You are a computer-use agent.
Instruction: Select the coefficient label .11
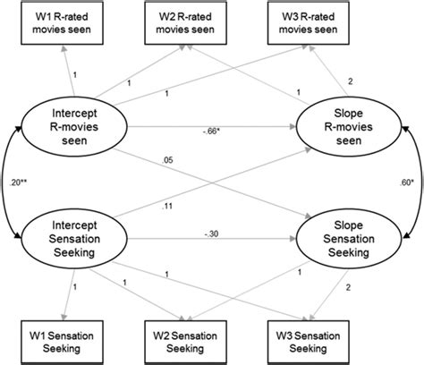tap(165, 205)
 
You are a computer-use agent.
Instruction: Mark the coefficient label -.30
tap(212, 234)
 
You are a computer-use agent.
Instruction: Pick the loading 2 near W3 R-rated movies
tap(350, 81)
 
